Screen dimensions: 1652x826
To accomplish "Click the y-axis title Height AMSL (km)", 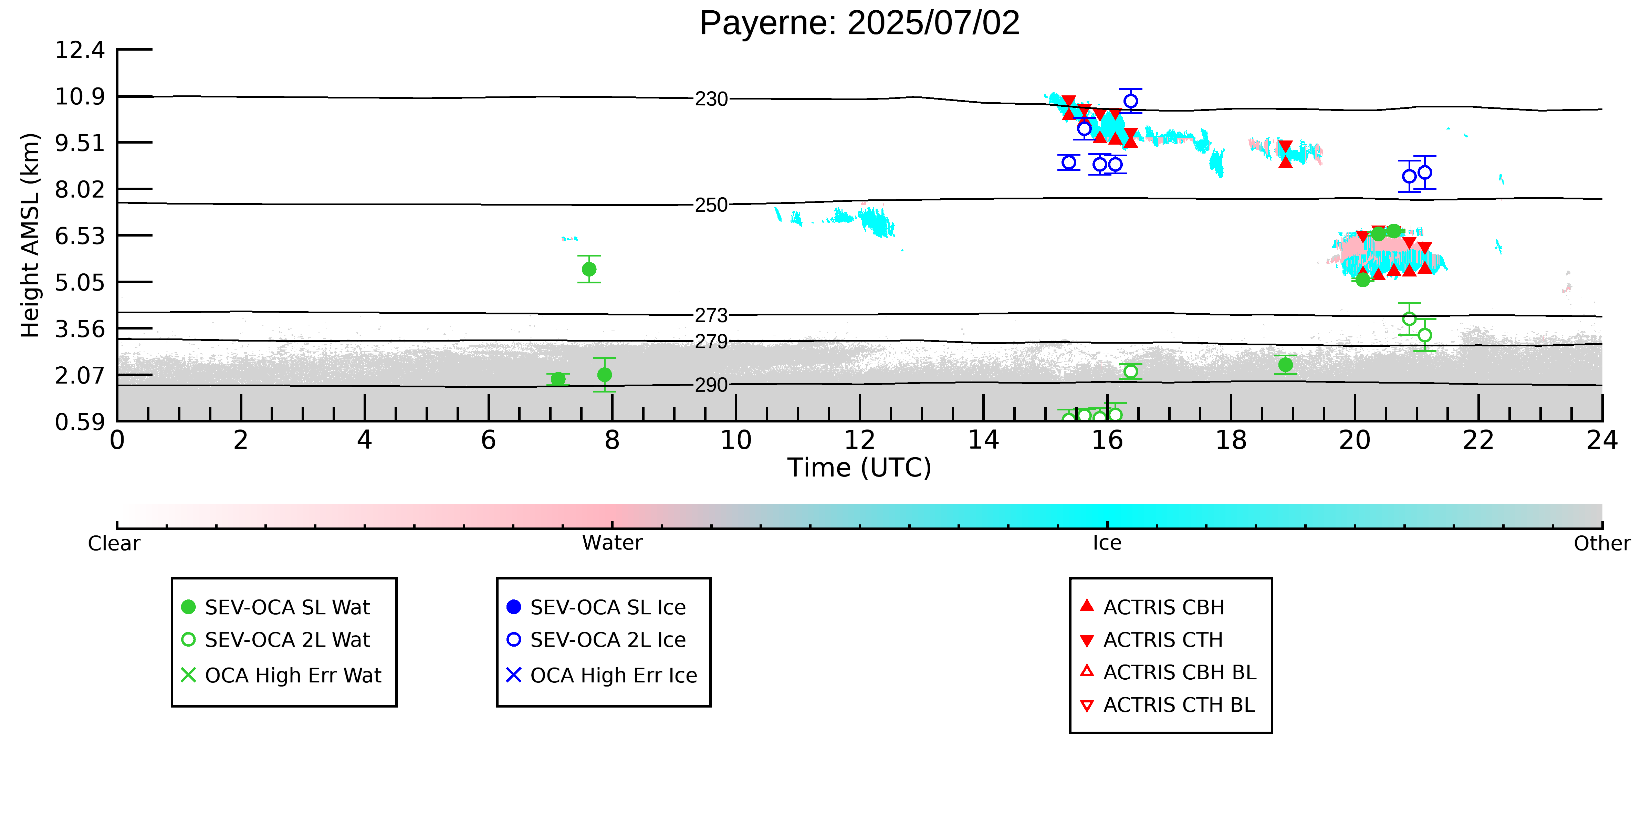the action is pyautogui.click(x=30, y=236).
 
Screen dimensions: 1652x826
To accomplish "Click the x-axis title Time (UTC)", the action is pyautogui.click(x=859, y=468).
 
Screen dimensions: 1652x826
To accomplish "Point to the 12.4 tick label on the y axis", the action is pyautogui.click(x=80, y=50).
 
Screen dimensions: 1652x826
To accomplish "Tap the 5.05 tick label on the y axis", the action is pyautogui.click(x=80, y=282).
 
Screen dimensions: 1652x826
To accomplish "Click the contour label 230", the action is pyautogui.click(x=711, y=100).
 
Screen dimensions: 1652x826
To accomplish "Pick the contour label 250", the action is pyautogui.click(x=711, y=205).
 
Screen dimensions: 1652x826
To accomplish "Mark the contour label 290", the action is pyautogui.click(x=711, y=385).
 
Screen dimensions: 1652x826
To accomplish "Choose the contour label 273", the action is pyautogui.click(x=711, y=315).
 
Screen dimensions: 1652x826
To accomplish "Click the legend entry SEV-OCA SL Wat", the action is pyautogui.click(x=276, y=607).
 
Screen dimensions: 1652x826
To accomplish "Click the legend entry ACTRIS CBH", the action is pyautogui.click(x=1152, y=607).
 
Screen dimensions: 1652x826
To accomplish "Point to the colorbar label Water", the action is pyautogui.click(x=612, y=543).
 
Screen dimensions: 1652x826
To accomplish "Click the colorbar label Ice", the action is pyautogui.click(x=1107, y=543).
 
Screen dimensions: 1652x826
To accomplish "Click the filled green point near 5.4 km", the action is pyautogui.click(x=589, y=269).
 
